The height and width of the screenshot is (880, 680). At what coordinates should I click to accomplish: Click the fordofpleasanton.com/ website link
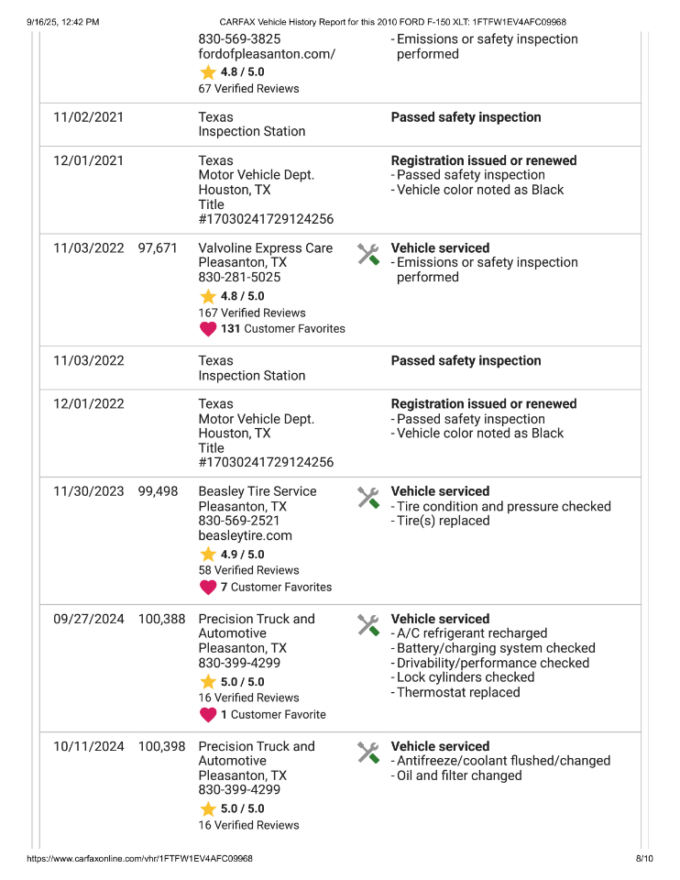point(267,54)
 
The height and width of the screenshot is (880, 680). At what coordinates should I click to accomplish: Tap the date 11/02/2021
point(88,117)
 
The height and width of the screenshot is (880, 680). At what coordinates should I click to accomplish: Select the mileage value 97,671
point(158,248)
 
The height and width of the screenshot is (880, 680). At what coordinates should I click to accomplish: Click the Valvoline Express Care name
point(266,248)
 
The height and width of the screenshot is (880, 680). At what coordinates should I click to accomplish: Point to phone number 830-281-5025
point(239,277)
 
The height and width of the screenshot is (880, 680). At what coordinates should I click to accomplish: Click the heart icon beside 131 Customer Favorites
point(208,329)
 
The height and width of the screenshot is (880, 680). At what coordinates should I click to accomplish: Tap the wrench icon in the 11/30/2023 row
point(367,498)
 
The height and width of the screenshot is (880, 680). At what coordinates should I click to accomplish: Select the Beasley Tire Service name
point(258,491)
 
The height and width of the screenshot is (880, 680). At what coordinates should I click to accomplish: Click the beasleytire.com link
point(246,535)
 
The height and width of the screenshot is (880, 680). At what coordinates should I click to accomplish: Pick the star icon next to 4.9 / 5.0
point(208,555)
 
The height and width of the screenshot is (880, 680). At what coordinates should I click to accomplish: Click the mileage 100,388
point(161,620)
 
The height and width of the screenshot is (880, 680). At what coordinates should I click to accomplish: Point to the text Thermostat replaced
point(458,692)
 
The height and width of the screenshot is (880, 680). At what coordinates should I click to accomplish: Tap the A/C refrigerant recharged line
point(472,633)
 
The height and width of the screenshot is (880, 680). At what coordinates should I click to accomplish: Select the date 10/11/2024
point(88,747)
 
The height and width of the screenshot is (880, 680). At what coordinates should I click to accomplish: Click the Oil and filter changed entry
point(459,775)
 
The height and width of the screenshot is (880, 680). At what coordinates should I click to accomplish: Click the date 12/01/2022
point(88,404)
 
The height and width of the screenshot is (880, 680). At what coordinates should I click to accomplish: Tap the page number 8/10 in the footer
point(643,859)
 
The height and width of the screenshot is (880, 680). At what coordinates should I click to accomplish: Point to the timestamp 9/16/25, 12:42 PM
point(62,21)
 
